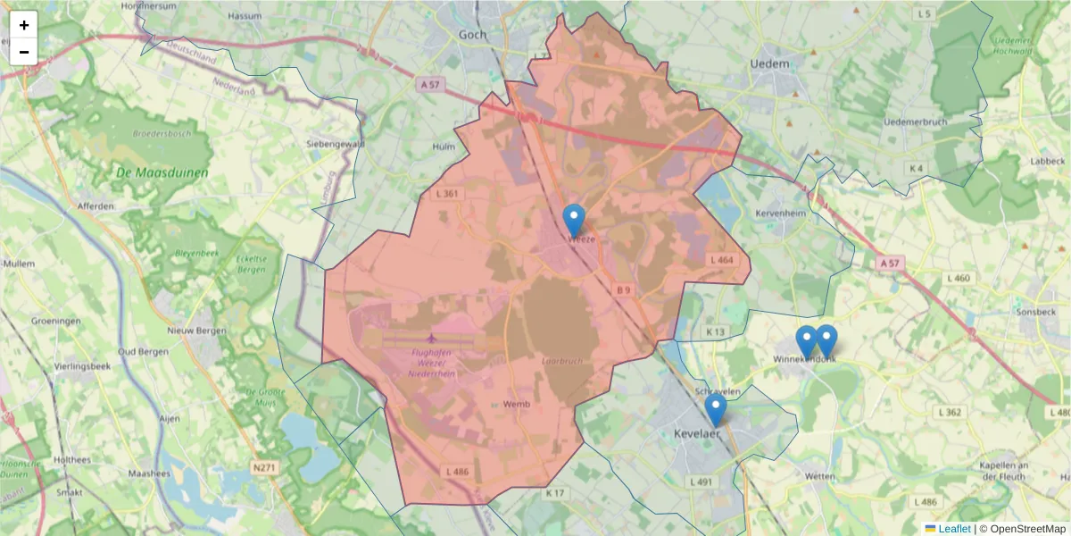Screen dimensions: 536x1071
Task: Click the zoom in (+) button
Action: [x=24, y=25]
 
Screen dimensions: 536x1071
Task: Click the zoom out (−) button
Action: [x=24, y=52]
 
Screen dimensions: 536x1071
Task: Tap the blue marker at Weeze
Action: [x=574, y=220]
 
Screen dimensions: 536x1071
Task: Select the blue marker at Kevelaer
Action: [x=715, y=409]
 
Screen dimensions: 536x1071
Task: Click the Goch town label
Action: [x=473, y=35]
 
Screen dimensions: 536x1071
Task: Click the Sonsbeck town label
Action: [x=1035, y=312]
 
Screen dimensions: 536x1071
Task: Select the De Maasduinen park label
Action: [x=162, y=172]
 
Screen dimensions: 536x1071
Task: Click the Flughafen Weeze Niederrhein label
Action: [x=431, y=363]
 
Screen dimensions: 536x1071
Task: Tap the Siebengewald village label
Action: [x=335, y=143]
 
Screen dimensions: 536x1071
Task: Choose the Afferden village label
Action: [x=95, y=206]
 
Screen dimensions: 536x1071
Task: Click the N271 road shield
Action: [x=265, y=466]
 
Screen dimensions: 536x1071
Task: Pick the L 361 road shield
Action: [x=448, y=193]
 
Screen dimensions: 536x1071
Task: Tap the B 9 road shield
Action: [x=623, y=289]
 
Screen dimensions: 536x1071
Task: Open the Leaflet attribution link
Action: [x=953, y=529]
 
